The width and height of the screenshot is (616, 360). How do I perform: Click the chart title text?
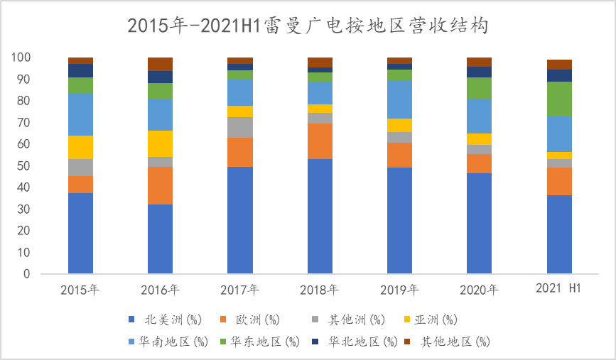tap(308, 26)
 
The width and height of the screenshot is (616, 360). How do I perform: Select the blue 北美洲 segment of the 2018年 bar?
tap(320, 216)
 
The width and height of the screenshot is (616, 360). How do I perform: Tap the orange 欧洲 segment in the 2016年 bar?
tap(160, 185)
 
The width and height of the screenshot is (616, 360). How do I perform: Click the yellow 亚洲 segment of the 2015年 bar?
tap(80, 147)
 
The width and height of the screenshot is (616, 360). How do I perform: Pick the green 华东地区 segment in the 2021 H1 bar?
tap(559, 99)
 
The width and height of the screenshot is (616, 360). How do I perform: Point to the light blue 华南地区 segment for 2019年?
tap(399, 99)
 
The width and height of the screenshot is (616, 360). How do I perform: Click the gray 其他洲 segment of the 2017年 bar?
tap(239, 127)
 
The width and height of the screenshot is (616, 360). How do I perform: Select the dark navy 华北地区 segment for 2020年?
tap(479, 72)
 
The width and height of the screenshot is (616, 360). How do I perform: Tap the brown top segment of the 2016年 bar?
tap(160, 64)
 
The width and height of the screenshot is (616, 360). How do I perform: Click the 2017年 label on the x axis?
tap(239, 290)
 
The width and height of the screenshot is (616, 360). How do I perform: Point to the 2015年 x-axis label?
tap(80, 290)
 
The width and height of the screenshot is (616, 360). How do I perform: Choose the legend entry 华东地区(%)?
tap(258, 342)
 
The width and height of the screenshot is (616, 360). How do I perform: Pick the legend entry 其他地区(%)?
tap(449, 342)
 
